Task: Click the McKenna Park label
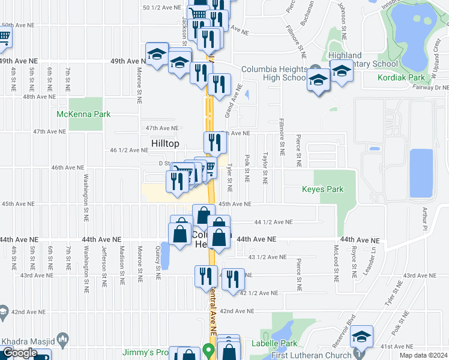pos(83,114)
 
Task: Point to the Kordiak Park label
pos(401,77)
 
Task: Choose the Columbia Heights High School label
pos(274,73)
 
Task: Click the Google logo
pos(19,353)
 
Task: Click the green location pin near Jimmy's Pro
pos(208,349)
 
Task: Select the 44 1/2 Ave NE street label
pos(273,221)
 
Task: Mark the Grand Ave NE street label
pos(233,100)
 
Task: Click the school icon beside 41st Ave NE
pos(361,336)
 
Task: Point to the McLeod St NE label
pos(336,265)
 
